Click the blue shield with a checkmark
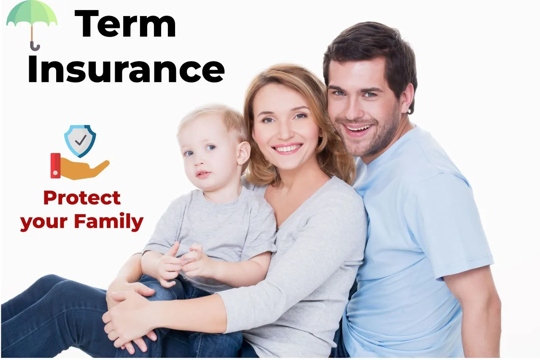tap(80, 140)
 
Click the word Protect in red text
tap(82, 198)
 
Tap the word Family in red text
tap(109, 222)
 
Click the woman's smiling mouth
tap(287, 148)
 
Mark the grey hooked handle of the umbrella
tap(34, 45)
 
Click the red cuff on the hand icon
tap(55, 165)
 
